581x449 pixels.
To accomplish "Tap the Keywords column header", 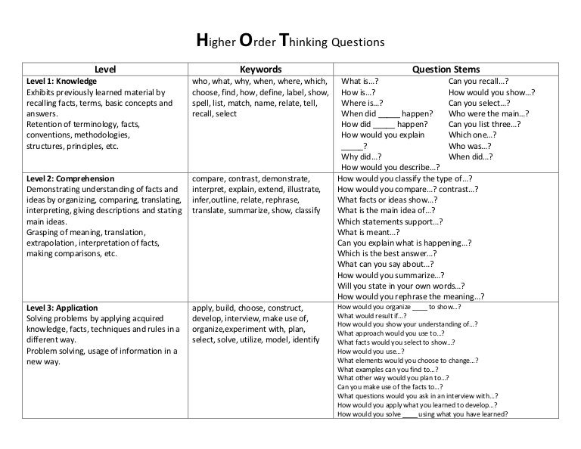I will tap(259, 68).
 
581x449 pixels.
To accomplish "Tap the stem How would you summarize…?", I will tap(390, 276).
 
